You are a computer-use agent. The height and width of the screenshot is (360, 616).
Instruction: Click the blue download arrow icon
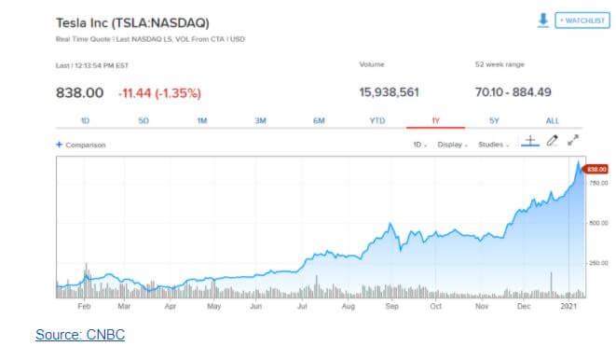pos(543,20)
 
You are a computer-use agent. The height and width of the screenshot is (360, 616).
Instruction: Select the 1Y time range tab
pos(435,120)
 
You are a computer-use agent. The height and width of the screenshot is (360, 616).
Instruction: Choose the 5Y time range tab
pos(494,120)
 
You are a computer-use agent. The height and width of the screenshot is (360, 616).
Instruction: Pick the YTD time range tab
pos(376,120)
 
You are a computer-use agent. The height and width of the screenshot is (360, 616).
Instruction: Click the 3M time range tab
pos(260,120)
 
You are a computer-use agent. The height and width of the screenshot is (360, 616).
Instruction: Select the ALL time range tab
pos(553,120)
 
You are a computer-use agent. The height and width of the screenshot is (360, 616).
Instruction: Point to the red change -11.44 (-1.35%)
pos(159,92)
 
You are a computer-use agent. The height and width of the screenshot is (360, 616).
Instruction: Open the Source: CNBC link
pos(80,335)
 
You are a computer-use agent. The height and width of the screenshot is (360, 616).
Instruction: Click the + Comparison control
pos(81,145)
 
